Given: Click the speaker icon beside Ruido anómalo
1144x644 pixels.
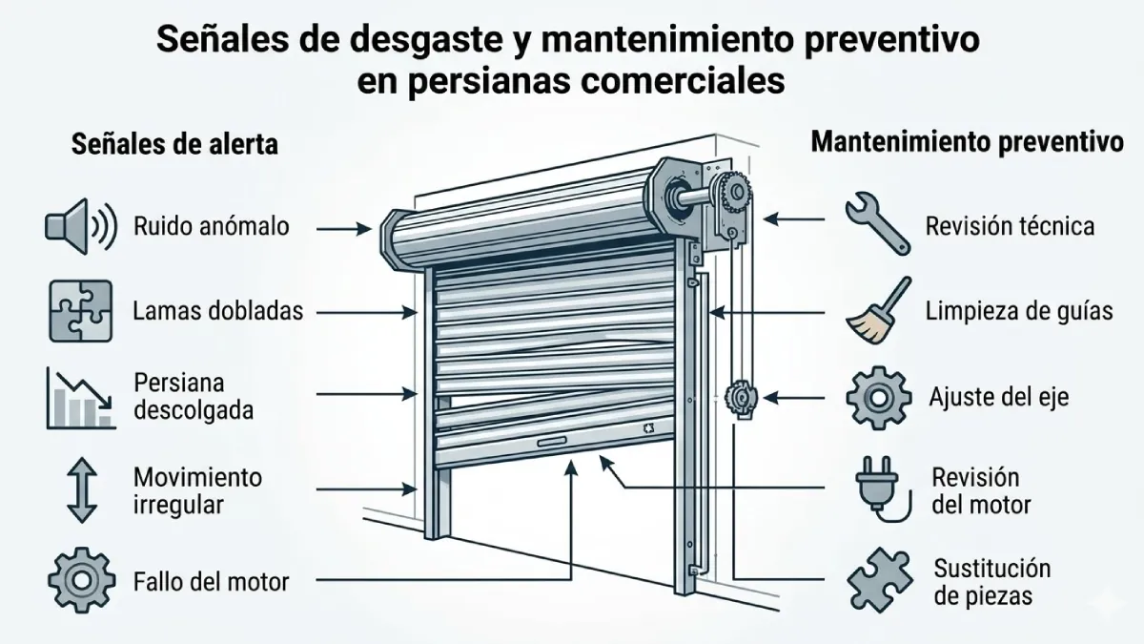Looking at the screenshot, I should tap(80, 226).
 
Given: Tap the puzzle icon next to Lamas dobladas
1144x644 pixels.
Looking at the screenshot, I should tap(80, 311).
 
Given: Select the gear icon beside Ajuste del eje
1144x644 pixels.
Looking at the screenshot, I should tap(874, 397).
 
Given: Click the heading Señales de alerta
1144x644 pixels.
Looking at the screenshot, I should tap(175, 144).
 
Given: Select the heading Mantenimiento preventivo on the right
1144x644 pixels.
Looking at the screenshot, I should tap(966, 143).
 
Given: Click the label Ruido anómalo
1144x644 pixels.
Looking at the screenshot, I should tap(211, 227).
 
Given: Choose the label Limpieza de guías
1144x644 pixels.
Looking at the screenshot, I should tap(1019, 311).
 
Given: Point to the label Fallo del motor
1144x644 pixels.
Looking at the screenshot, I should tap(211, 580).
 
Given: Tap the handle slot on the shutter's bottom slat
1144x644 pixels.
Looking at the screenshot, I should tap(554, 443).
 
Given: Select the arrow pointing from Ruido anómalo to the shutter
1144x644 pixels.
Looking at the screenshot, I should tap(343, 228).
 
